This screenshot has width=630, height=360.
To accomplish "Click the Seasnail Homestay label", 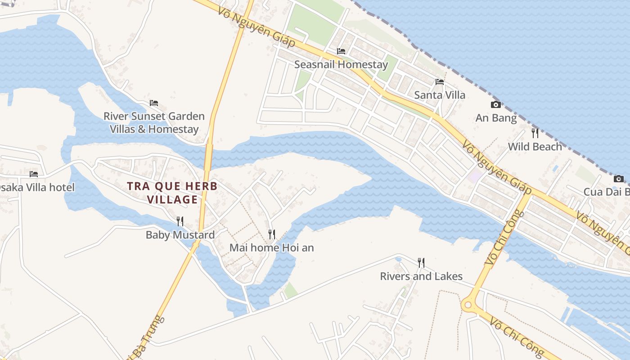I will click(341, 64).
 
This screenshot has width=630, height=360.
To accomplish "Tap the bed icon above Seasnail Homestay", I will click(341, 51).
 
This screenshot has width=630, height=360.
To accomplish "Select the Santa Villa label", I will click(439, 95).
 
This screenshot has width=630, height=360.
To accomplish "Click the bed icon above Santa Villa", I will click(440, 82).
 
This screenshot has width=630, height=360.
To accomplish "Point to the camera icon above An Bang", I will click(495, 105).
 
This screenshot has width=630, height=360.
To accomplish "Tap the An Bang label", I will click(496, 118).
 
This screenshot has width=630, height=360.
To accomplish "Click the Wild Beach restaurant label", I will click(535, 146).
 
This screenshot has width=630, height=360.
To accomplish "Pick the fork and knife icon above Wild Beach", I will click(535, 133).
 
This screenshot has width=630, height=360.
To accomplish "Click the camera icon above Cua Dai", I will click(619, 179).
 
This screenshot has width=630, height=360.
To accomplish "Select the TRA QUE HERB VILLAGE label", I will click(172, 193).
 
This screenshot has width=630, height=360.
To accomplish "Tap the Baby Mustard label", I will click(180, 235).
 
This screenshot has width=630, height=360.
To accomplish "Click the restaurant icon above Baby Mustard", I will click(180, 221).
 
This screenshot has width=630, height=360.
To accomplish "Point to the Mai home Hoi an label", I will click(271, 247).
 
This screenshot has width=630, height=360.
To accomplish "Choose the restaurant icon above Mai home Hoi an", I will click(271, 234).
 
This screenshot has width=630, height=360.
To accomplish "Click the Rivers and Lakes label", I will click(421, 276).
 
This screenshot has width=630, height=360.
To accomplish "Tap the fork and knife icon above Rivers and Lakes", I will click(421, 263).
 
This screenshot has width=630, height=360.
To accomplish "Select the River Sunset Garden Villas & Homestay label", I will click(154, 122).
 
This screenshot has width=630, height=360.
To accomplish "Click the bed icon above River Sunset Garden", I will click(154, 103).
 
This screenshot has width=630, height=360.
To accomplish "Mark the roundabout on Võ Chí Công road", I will click(468, 305).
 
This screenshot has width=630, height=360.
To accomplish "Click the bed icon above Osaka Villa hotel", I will click(34, 174).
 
